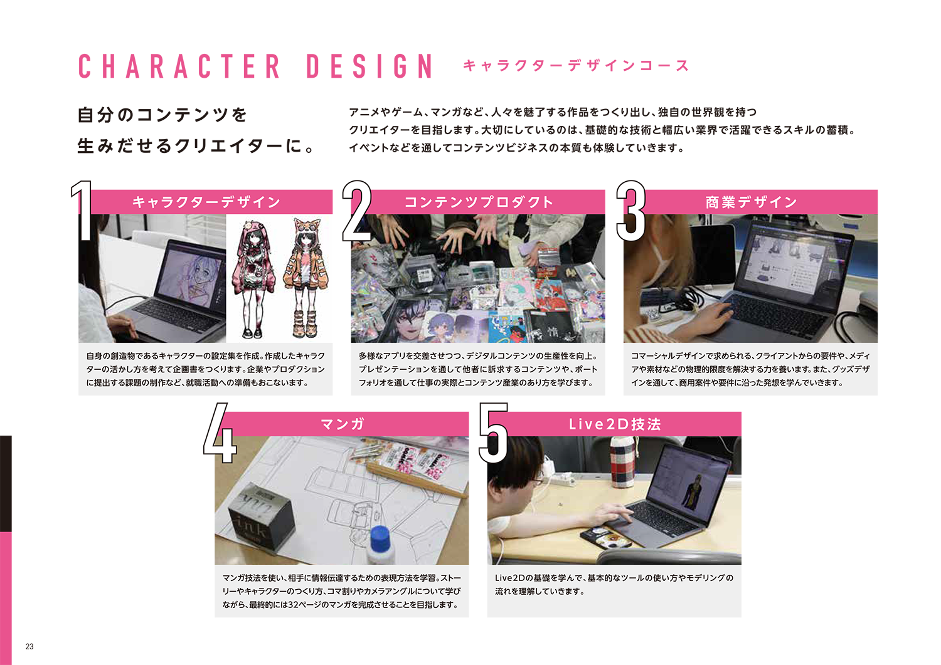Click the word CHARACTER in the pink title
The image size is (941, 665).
pos(179,66)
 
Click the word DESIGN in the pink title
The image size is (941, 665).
pos(369,66)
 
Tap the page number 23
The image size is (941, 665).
pos(29,647)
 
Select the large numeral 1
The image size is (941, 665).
pos(82,211)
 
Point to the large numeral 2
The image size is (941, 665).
pos(357,211)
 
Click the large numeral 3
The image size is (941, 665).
pos(630,211)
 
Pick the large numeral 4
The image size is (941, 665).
pos(220,432)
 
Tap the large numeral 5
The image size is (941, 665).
pos(494,432)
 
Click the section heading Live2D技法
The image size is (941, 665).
pos(615,424)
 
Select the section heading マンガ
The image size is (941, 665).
pos(342,424)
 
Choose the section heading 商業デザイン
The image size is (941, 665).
pos(751,202)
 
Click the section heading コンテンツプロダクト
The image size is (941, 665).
pos(478,202)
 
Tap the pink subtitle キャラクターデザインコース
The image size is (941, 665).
pos(576,65)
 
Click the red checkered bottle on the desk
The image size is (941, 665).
pos(622,462)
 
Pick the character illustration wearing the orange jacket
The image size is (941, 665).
pos(306,278)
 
